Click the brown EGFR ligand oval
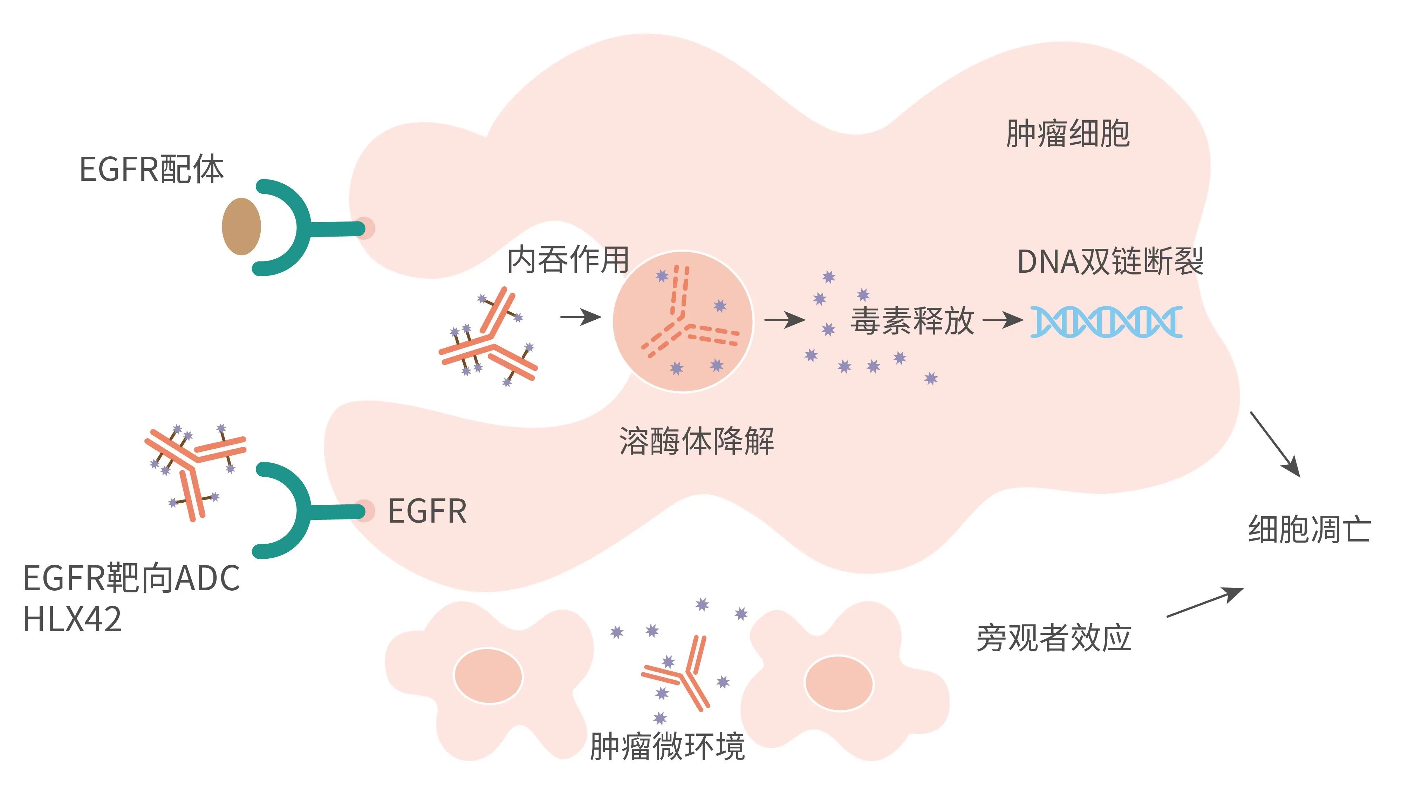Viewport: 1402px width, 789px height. point(241,226)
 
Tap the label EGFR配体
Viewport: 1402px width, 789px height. point(151,169)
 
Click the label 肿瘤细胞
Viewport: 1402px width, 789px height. point(1067,134)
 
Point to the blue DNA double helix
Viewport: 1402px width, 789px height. point(1106,322)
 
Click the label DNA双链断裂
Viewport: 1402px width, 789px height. point(1110,262)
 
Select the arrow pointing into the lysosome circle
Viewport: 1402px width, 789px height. point(580,317)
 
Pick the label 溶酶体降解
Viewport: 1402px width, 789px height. point(696,441)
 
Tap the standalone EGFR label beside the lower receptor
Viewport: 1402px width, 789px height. point(427,511)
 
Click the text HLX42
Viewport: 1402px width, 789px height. point(73,619)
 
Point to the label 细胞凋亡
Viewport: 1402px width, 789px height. point(1309,529)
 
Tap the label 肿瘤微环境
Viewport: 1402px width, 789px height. point(667,747)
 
